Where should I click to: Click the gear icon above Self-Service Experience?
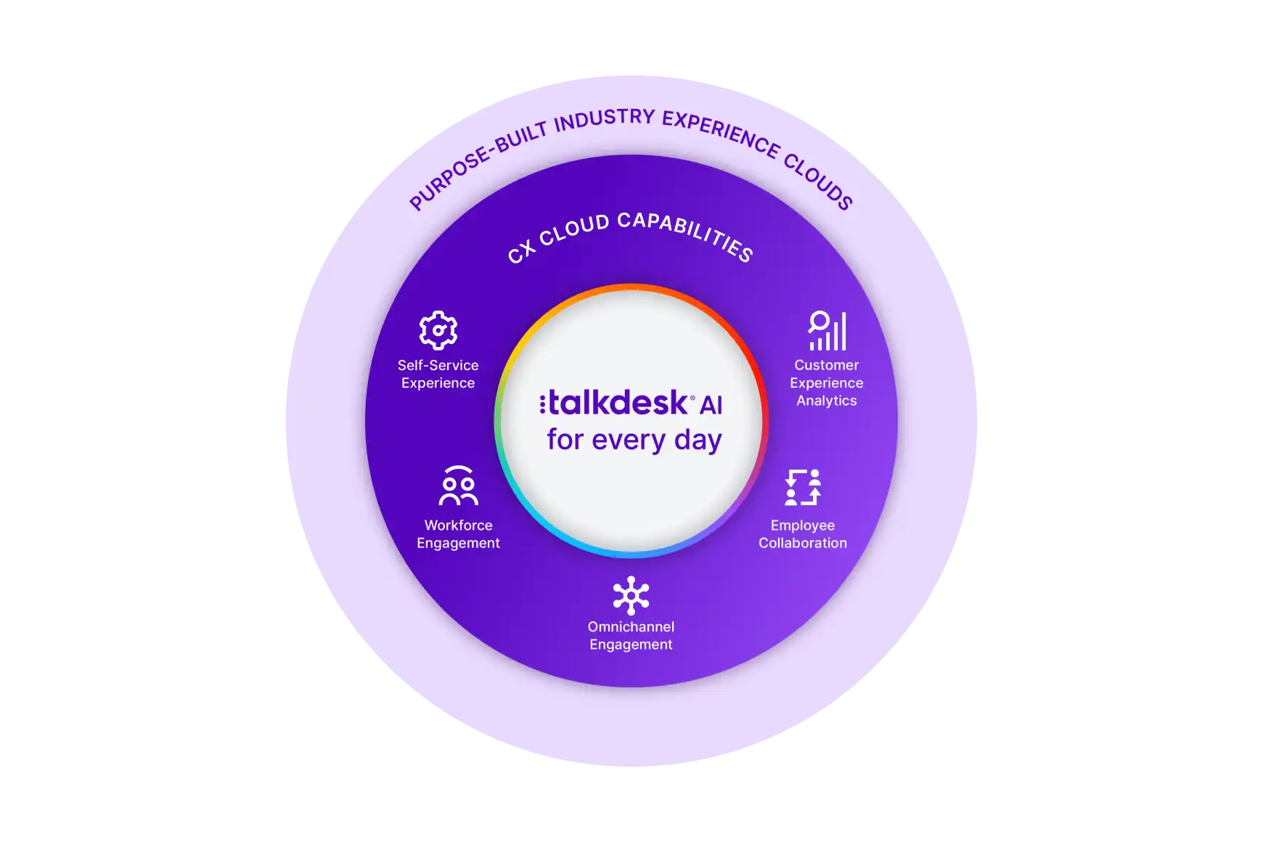(438, 330)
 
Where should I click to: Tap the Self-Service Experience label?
(438, 374)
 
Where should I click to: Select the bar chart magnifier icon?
(827, 330)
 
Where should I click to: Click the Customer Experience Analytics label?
(826, 383)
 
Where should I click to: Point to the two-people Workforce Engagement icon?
(458, 486)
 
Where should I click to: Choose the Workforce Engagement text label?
(458, 534)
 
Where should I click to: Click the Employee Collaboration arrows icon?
(803, 487)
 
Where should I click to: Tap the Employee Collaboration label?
(803, 534)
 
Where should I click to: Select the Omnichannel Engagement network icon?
(631, 596)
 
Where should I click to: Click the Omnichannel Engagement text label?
(631, 635)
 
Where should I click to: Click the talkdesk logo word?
(617, 403)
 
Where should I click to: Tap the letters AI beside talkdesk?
(711, 406)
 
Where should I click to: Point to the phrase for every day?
(634, 440)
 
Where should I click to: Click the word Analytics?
(826, 401)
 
